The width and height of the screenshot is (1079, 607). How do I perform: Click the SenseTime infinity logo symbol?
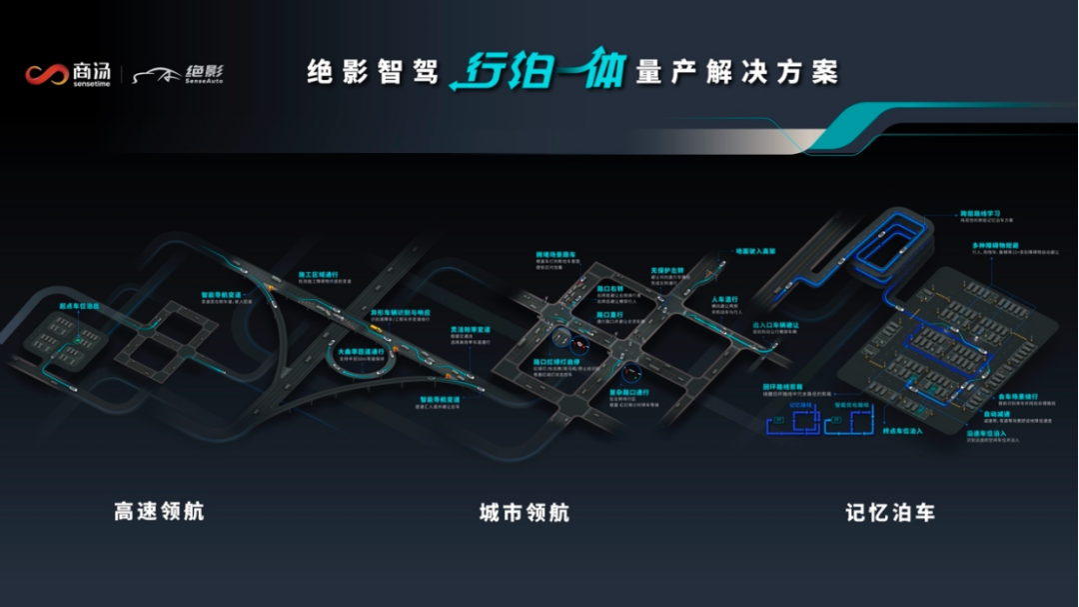point(46,75)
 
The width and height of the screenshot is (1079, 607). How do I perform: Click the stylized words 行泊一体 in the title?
point(537,73)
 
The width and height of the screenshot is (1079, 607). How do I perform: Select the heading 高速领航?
point(159,512)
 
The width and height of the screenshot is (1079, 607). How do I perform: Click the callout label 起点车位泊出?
point(79,306)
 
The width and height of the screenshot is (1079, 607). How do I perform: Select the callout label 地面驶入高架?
point(755,252)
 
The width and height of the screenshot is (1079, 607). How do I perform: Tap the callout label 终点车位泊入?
point(902,430)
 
